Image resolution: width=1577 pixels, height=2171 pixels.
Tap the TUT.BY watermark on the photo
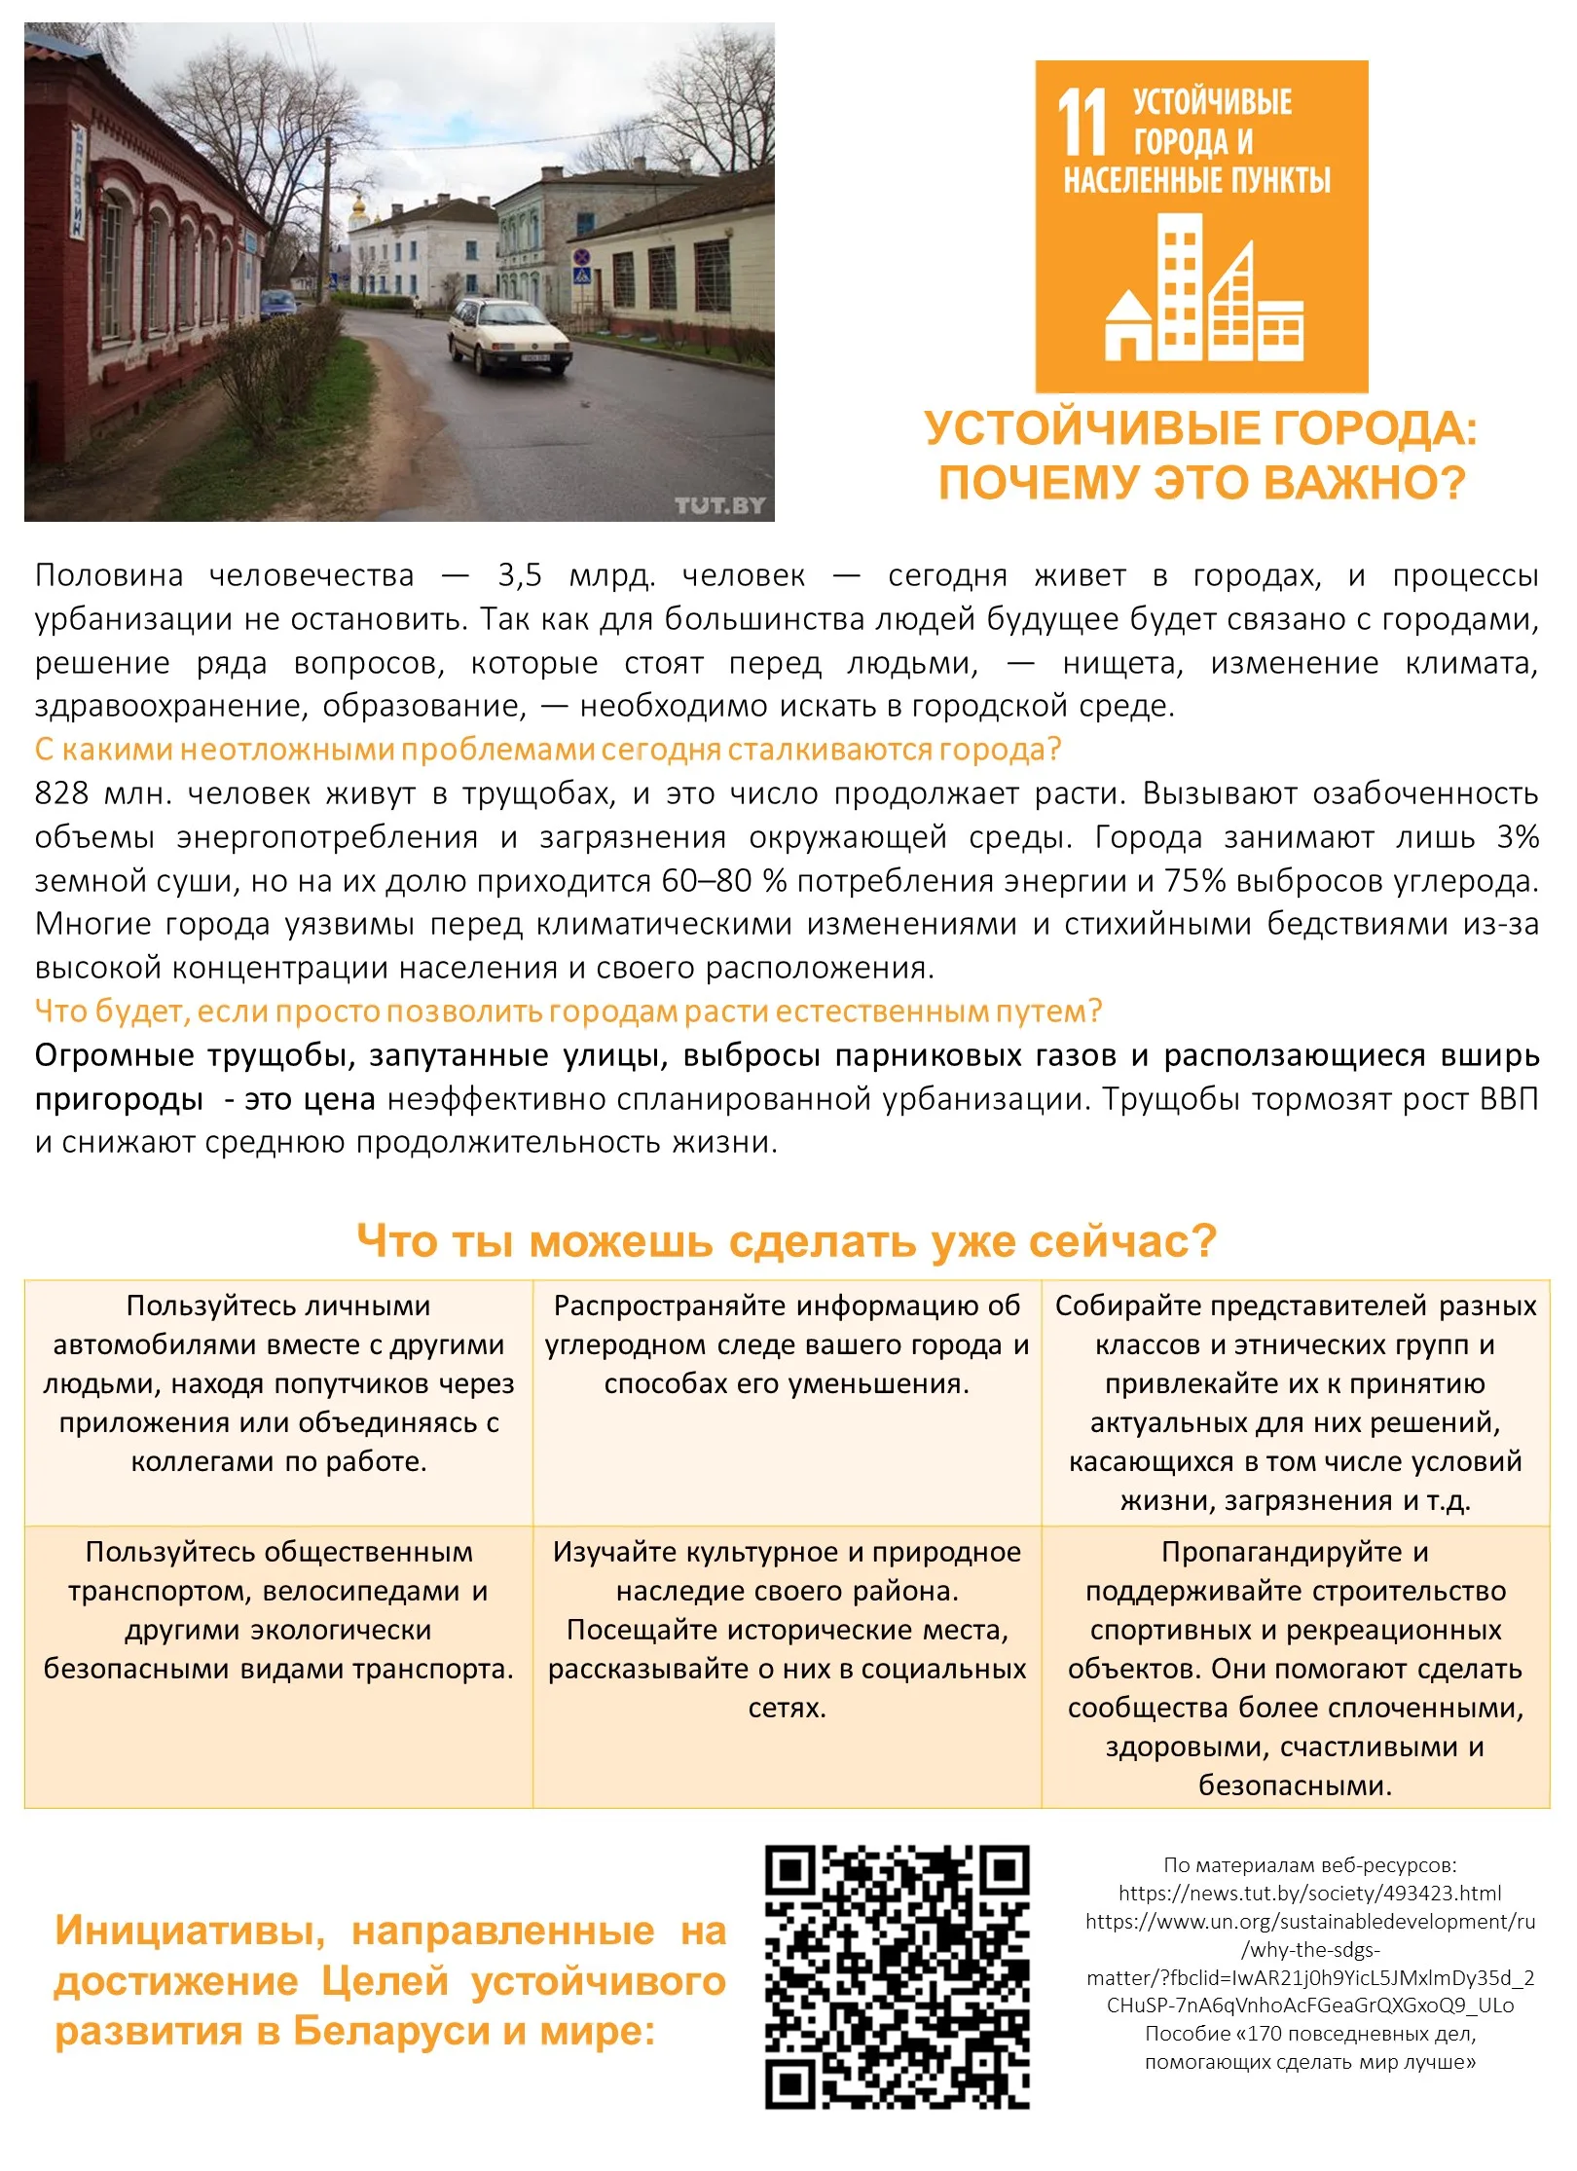tap(719, 505)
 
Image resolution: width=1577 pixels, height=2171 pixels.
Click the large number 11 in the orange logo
tap(1082, 123)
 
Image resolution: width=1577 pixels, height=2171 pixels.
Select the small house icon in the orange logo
tap(1127, 327)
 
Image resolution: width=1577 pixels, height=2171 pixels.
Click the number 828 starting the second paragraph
tap(60, 793)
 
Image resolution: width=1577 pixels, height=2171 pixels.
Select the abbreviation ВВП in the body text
tap(1508, 1099)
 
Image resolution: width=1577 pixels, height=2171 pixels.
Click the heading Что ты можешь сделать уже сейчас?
tap(787, 1241)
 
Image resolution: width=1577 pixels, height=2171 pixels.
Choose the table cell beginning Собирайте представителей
tap(1295, 1403)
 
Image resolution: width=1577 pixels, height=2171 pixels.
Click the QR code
tap(897, 1977)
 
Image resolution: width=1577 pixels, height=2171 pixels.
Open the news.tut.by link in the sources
tap(1309, 1894)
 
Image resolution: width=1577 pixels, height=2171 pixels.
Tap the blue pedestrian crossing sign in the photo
tap(582, 276)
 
